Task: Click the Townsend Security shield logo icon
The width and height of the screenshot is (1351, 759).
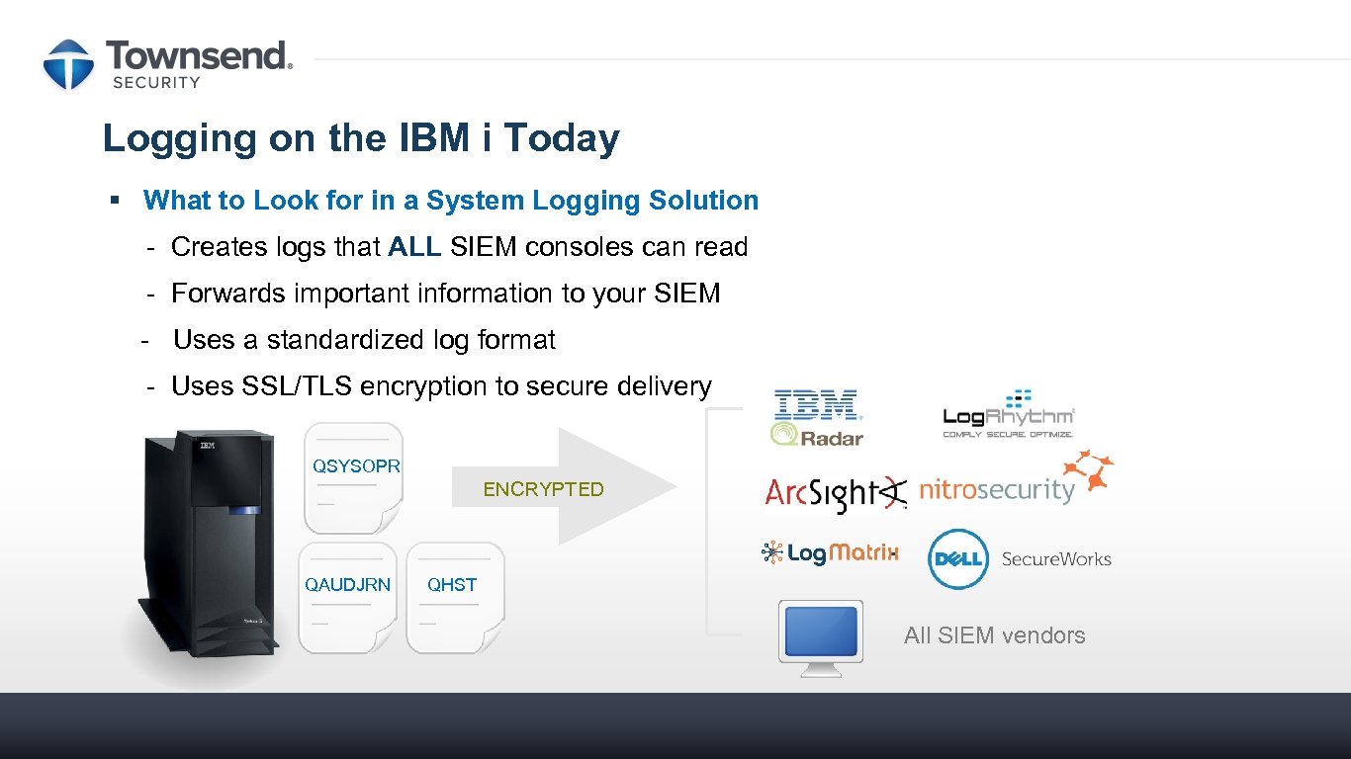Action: (68, 64)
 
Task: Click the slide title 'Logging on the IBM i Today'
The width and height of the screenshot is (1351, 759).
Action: (361, 138)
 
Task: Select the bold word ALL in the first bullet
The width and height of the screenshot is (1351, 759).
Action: (414, 247)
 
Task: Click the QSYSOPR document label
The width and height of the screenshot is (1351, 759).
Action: (356, 466)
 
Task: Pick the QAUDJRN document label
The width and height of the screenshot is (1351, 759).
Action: (347, 585)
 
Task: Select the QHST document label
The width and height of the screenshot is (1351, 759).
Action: (452, 585)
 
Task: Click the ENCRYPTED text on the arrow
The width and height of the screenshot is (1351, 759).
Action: (543, 489)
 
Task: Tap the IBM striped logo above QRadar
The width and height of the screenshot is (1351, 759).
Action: (817, 404)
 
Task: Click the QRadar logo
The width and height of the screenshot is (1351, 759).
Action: (817, 435)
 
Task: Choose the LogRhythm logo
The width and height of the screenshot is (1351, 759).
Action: (1008, 414)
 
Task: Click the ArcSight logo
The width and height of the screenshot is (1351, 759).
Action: (835, 492)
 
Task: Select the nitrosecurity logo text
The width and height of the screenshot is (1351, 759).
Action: (996, 490)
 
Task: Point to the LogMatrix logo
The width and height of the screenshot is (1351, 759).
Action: (830, 552)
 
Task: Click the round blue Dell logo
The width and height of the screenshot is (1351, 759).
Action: (958, 559)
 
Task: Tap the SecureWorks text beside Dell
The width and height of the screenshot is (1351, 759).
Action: (1056, 559)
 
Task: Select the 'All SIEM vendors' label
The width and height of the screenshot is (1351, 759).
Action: (994, 635)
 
